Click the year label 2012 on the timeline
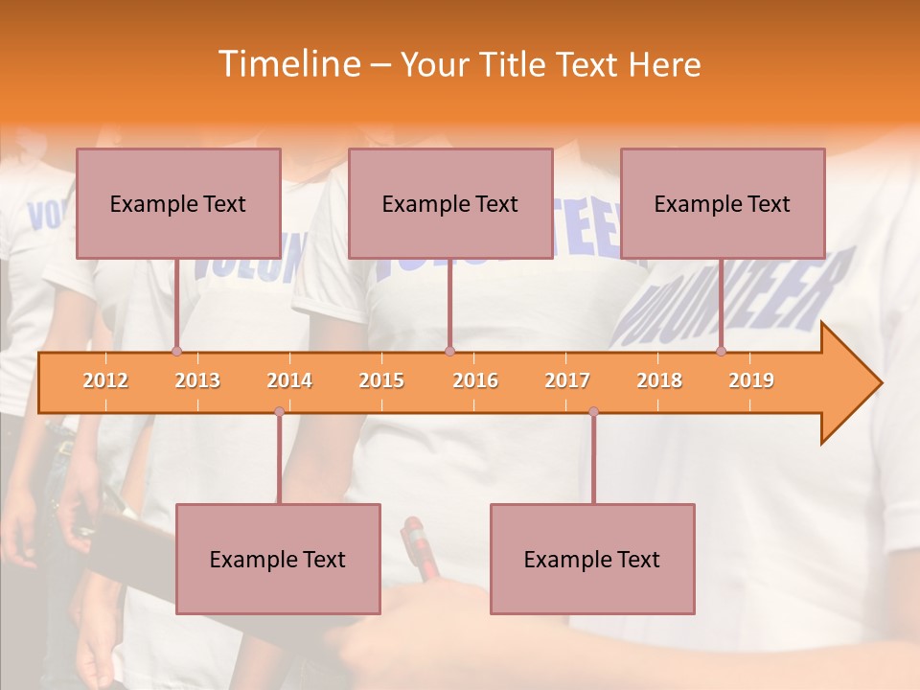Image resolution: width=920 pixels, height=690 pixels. [x=105, y=380]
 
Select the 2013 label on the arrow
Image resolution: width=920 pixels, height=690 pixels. [x=197, y=380]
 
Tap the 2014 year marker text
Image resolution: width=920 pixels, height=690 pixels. [x=289, y=380]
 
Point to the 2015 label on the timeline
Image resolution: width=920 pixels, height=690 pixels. [x=381, y=380]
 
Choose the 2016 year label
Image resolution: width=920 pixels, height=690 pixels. [x=475, y=380]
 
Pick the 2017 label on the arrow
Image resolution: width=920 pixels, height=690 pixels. [x=567, y=380]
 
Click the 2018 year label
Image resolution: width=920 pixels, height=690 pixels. [x=659, y=380]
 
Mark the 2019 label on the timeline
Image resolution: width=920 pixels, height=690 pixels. [x=751, y=380]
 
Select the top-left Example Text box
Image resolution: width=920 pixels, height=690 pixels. [x=178, y=203]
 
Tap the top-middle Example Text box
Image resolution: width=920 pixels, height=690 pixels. [x=450, y=203]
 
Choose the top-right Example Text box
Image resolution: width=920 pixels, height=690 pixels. [x=723, y=203]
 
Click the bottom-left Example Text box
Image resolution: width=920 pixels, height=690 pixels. [x=278, y=559]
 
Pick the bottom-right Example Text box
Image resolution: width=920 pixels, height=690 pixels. [x=592, y=559]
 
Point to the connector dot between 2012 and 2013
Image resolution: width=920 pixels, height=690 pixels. [x=176, y=352]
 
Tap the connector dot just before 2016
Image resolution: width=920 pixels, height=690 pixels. [x=449, y=352]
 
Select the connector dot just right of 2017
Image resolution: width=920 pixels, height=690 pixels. [x=593, y=412]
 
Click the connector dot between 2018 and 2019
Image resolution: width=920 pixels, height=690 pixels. [x=722, y=352]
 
